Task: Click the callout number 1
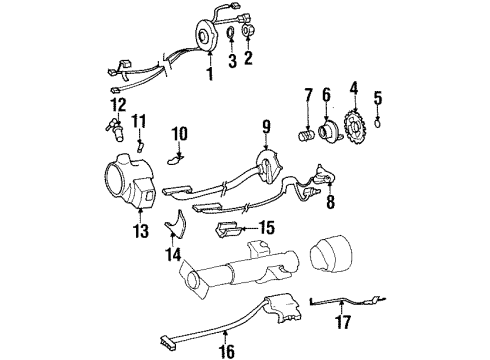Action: point(209,73)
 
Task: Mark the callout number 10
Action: point(180,132)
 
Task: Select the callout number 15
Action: point(266,227)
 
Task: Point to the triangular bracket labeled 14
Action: point(177,229)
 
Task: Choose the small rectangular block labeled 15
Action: point(233,230)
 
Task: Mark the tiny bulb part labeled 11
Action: point(141,146)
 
